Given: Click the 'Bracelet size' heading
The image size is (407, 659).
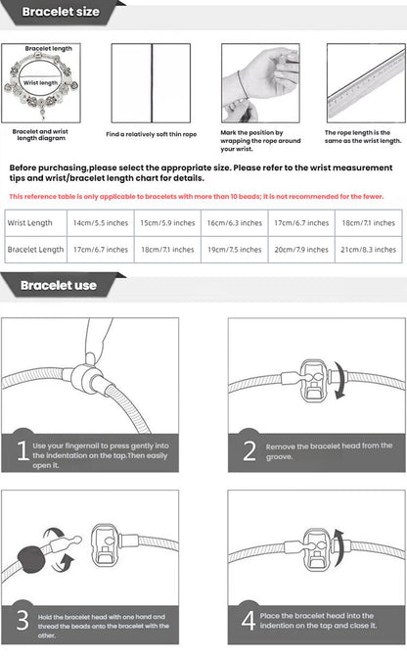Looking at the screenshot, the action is [x=61, y=12].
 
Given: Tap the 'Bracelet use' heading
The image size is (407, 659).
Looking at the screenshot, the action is [x=59, y=285].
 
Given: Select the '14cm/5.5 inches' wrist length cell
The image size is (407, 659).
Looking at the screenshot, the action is [x=101, y=222].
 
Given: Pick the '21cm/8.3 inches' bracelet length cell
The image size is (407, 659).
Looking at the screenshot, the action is [x=369, y=250].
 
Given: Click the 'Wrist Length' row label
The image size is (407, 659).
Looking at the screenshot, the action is [x=29, y=222].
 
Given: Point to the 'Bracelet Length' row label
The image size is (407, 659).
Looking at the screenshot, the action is [x=35, y=250].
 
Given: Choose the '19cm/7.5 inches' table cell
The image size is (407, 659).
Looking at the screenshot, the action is [x=235, y=250].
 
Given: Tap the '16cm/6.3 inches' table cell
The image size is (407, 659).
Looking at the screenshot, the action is [x=235, y=222].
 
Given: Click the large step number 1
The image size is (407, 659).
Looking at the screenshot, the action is [x=22, y=450].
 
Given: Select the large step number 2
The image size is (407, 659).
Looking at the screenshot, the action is [x=249, y=450].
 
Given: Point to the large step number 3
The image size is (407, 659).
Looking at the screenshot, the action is [x=23, y=621].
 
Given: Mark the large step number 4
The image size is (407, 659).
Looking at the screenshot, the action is [x=249, y=621].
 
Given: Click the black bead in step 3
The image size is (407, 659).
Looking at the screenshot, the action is [x=32, y=559].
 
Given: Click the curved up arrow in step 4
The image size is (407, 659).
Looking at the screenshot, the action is [x=339, y=548].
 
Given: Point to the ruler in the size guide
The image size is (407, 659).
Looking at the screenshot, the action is [x=366, y=85].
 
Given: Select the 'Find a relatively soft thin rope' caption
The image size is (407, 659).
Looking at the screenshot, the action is [x=152, y=134].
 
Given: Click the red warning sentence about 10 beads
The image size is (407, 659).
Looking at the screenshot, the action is [x=197, y=196].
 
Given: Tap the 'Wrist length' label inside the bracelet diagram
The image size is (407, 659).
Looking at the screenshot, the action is [x=40, y=83].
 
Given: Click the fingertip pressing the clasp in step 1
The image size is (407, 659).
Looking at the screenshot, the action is [x=91, y=356].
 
